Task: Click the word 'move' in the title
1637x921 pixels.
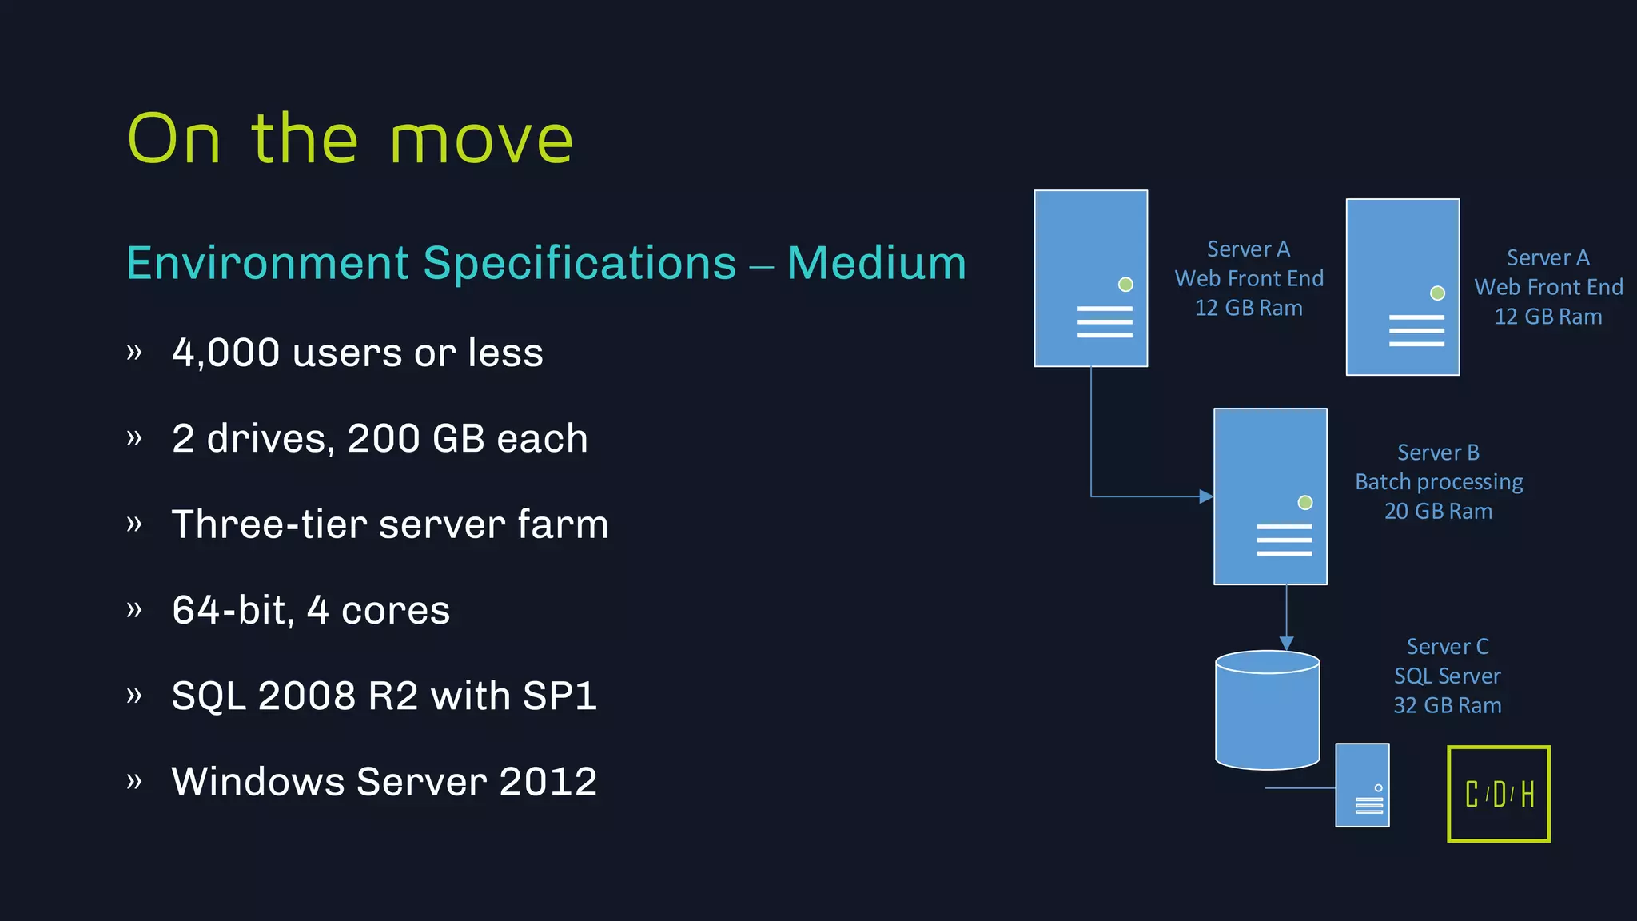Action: click(x=481, y=141)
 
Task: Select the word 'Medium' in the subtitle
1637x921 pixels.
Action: click(x=876, y=263)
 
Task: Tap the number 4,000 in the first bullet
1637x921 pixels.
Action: click(x=225, y=353)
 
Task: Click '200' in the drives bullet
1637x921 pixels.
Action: click(x=383, y=439)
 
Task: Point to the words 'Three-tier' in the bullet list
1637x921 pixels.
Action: click(x=268, y=524)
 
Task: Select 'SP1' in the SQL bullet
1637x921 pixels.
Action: click(x=560, y=696)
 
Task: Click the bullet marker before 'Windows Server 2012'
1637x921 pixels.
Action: click(x=134, y=780)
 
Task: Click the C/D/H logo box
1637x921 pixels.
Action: click(x=1498, y=794)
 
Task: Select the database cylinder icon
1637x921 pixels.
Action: click(x=1267, y=710)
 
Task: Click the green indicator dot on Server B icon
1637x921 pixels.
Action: click(x=1305, y=502)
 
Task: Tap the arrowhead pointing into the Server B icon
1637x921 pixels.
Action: click(x=1206, y=496)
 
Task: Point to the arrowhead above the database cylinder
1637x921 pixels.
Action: click(x=1286, y=643)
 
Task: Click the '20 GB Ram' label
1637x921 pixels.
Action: click(x=1438, y=512)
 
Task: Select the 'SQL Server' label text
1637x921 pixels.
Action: click(x=1447, y=676)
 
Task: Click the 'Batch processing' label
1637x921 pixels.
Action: click(x=1439, y=482)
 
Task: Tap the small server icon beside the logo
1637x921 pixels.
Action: click(x=1362, y=785)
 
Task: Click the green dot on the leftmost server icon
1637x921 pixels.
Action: click(x=1125, y=284)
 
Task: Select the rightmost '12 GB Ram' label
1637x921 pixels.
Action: click(x=1547, y=317)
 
